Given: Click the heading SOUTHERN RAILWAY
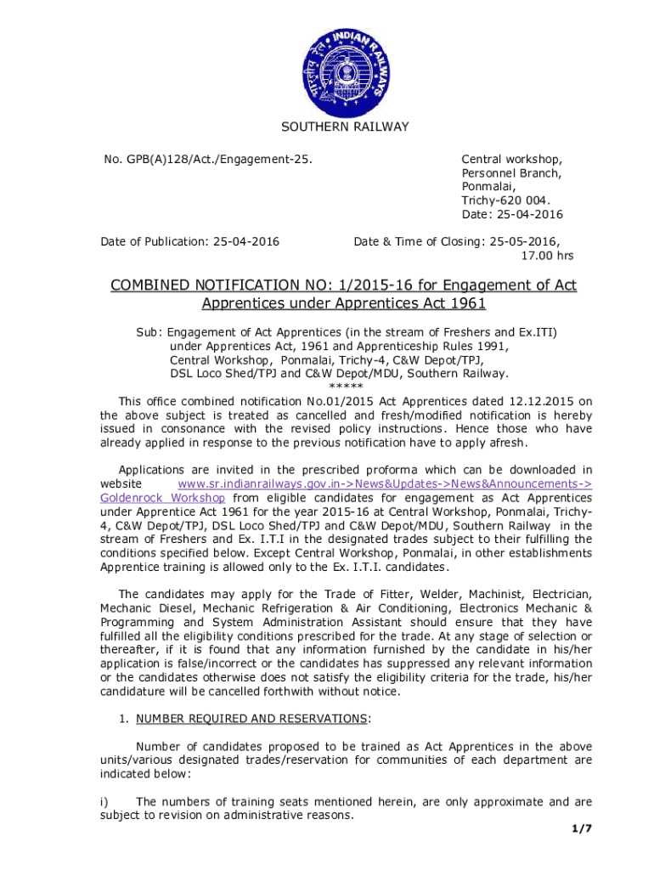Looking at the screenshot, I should point(345,127).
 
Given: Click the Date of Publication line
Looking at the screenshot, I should point(190,242).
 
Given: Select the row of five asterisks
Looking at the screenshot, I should point(345,387).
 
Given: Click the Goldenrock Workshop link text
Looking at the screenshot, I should point(162,497).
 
